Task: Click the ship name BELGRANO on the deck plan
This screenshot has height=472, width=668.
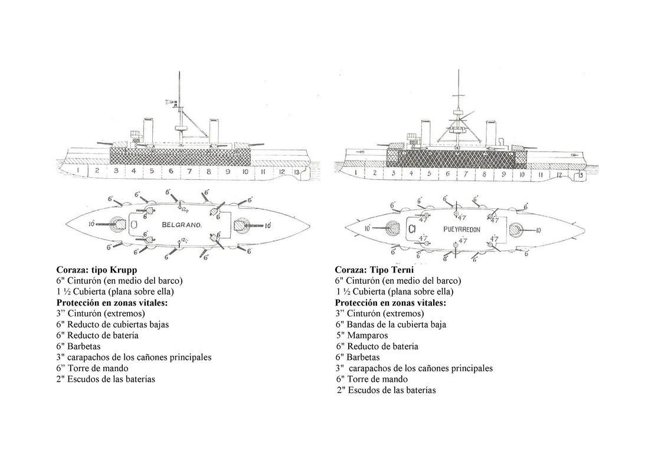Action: [182, 225]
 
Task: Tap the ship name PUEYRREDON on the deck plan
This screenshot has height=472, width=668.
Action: [461, 228]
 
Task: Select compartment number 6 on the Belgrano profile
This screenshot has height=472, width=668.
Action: [171, 171]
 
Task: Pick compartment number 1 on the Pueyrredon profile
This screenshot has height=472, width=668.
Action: [356, 173]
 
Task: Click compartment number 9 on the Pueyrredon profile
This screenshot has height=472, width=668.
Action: [503, 174]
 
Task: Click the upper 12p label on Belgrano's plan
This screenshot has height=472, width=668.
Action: [185, 211]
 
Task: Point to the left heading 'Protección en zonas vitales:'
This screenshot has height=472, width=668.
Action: [112, 303]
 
